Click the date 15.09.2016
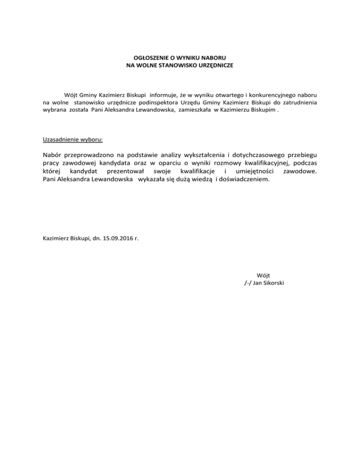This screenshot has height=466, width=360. (118, 238)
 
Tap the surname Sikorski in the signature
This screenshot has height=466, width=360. (272, 283)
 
